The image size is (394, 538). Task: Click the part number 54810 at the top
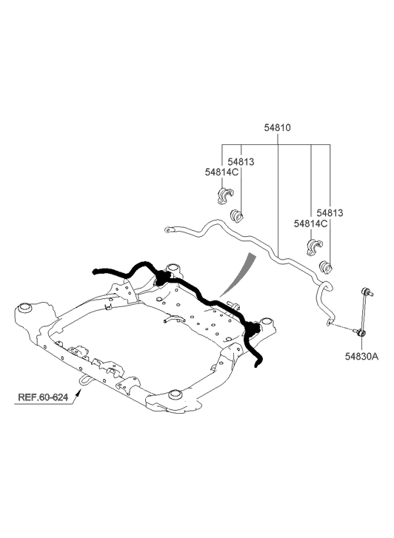point(277,127)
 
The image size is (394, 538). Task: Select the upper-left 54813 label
point(241,161)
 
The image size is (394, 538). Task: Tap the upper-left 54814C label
point(221,172)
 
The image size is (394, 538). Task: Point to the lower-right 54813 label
point(330,213)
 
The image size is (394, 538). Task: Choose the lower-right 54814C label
point(310,223)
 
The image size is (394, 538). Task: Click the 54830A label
point(361,357)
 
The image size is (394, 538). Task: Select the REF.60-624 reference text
point(43,397)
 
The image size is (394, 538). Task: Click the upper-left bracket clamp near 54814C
point(225,196)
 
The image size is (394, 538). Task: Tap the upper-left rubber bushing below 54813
point(236,216)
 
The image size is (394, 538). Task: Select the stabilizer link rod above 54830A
point(364,312)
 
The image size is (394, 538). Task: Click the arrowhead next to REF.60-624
point(78,393)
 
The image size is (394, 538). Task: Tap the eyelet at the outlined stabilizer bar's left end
point(169,229)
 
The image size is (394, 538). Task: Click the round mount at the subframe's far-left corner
point(24,307)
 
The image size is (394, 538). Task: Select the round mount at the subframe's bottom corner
point(176,394)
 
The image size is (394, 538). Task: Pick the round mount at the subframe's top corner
point(173,268)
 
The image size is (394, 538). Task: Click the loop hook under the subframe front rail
point(84,380)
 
